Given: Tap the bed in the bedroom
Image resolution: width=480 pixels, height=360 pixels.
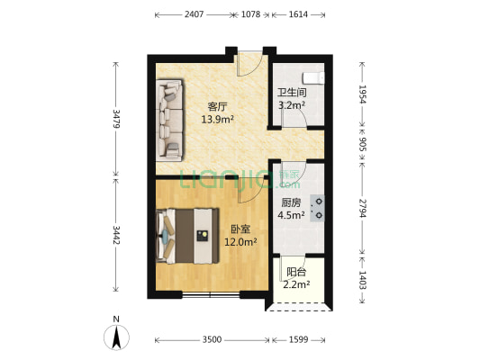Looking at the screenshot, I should pos(189,235).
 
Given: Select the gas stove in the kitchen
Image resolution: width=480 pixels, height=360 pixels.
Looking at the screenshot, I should pos(319,209).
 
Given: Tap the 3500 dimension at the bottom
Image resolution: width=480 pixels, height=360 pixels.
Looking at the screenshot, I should pos(211,340).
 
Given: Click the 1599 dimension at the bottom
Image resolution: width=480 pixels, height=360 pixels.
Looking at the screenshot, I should pos(302,340).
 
